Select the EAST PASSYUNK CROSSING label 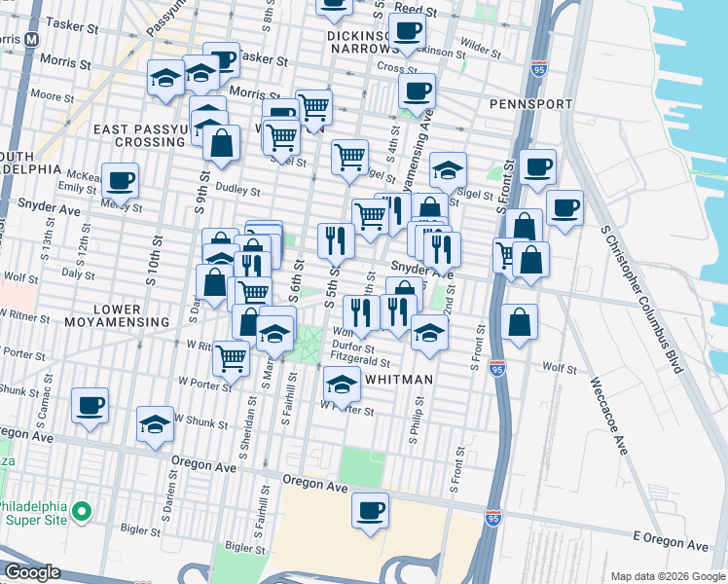(139, 135)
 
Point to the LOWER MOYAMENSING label (117, 314)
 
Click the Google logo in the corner (32, 571)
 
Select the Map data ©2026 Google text (668, 576)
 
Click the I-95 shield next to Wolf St (497, 368)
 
